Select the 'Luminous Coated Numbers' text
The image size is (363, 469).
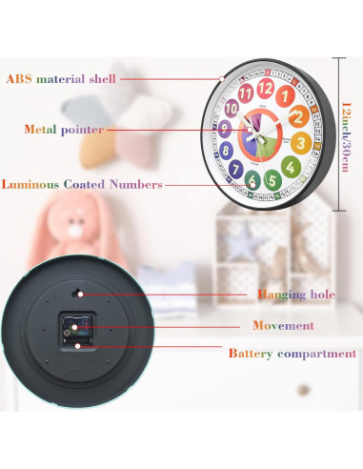82,184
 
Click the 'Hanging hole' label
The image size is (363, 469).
295,295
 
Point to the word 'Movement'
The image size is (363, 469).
283,326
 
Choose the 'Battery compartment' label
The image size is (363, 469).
292,354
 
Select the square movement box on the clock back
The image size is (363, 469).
76,330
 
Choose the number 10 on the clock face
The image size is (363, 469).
232,109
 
